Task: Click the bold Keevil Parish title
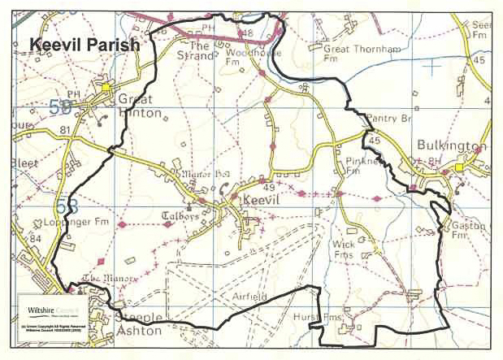(x=85, y=46)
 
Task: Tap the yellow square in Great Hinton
(x=106, y=85)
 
